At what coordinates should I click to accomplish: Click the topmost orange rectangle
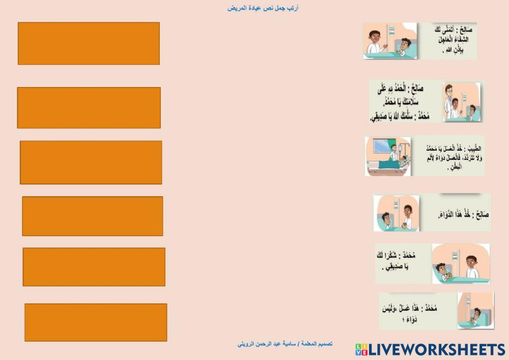89,43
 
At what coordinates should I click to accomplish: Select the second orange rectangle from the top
89,107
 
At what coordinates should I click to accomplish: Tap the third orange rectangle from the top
91,162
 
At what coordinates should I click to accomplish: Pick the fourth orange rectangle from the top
92,216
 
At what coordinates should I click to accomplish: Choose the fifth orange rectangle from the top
94,267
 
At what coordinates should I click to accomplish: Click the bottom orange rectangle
96,322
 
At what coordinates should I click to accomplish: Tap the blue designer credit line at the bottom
286,344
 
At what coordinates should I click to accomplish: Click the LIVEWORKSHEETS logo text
436,349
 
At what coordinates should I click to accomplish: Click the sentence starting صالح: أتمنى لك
447,40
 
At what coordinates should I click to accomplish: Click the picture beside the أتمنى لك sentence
390,41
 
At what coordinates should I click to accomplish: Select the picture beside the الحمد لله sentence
461,102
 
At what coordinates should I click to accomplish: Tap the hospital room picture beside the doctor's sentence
388,156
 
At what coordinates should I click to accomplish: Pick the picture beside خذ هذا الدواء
397,213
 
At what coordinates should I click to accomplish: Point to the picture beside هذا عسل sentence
475,310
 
